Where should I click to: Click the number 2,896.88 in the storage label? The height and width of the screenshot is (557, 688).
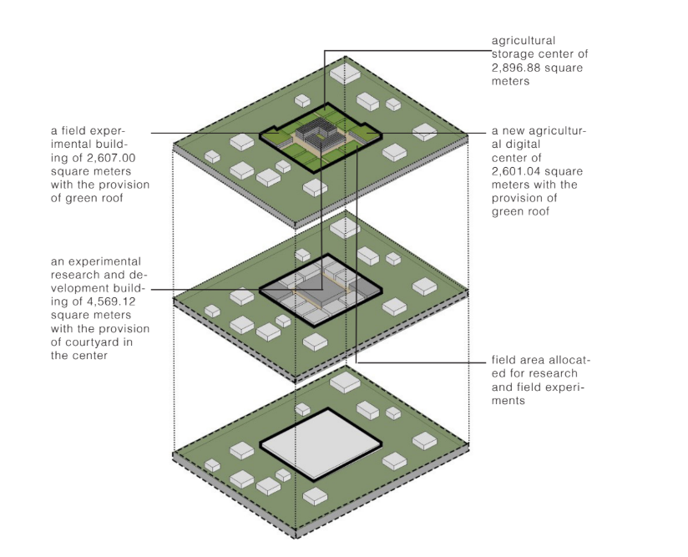(x=516, y=68)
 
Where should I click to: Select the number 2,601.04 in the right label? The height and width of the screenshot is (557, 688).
(x=517, y=170)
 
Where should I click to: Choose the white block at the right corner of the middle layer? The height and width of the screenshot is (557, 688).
(x=425, y=287)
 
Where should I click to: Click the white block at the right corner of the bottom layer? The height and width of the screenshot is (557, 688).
(x=424, y=438)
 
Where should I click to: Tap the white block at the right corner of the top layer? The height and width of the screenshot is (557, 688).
(x=425, y=132)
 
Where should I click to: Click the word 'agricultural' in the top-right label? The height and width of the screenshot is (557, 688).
(x=524, y=40)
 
